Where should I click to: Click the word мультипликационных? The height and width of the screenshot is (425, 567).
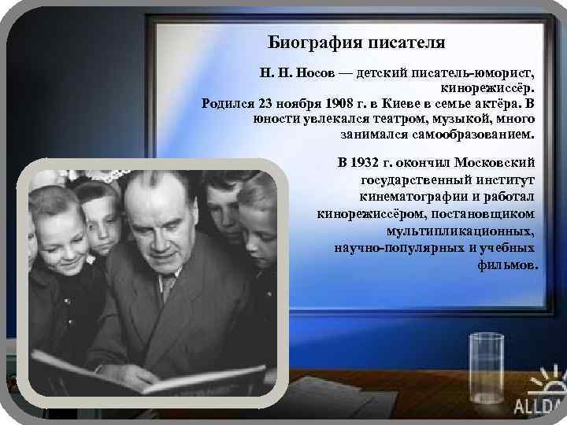pyautogui.click(x=461, y=233)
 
